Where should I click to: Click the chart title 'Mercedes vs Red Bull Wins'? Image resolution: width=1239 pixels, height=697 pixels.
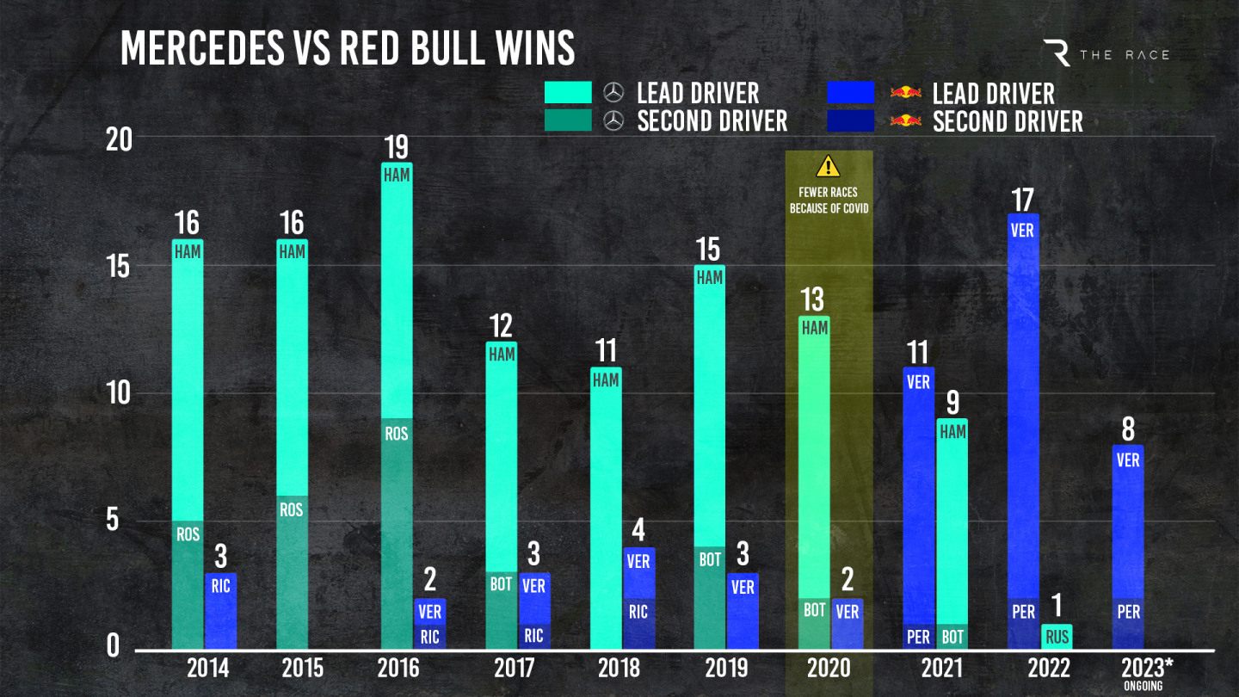pos(348,48)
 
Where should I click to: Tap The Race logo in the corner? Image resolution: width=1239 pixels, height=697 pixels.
pos(1106,53)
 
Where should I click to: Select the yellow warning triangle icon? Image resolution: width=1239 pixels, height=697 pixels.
pos(828,166)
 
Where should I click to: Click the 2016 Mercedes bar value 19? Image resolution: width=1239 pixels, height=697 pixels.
pos(396,146)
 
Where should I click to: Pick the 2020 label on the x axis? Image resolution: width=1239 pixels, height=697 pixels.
pos(829,668)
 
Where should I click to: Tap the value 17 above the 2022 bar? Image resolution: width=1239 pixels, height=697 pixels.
pos(1022,199)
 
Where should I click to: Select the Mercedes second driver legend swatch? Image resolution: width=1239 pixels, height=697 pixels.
pos(568,120)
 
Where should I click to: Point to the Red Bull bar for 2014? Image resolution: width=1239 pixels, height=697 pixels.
pos(220,611)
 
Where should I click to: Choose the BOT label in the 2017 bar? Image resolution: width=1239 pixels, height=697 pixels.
pos(501,585)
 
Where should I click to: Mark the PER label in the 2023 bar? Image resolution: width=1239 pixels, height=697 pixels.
pos(1128,612)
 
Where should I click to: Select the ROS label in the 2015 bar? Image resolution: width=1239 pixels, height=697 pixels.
pos(292,509)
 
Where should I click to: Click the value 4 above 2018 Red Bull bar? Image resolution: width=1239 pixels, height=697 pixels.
pos(639,531)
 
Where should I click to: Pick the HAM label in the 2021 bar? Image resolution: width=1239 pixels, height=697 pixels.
pos(952,433)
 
